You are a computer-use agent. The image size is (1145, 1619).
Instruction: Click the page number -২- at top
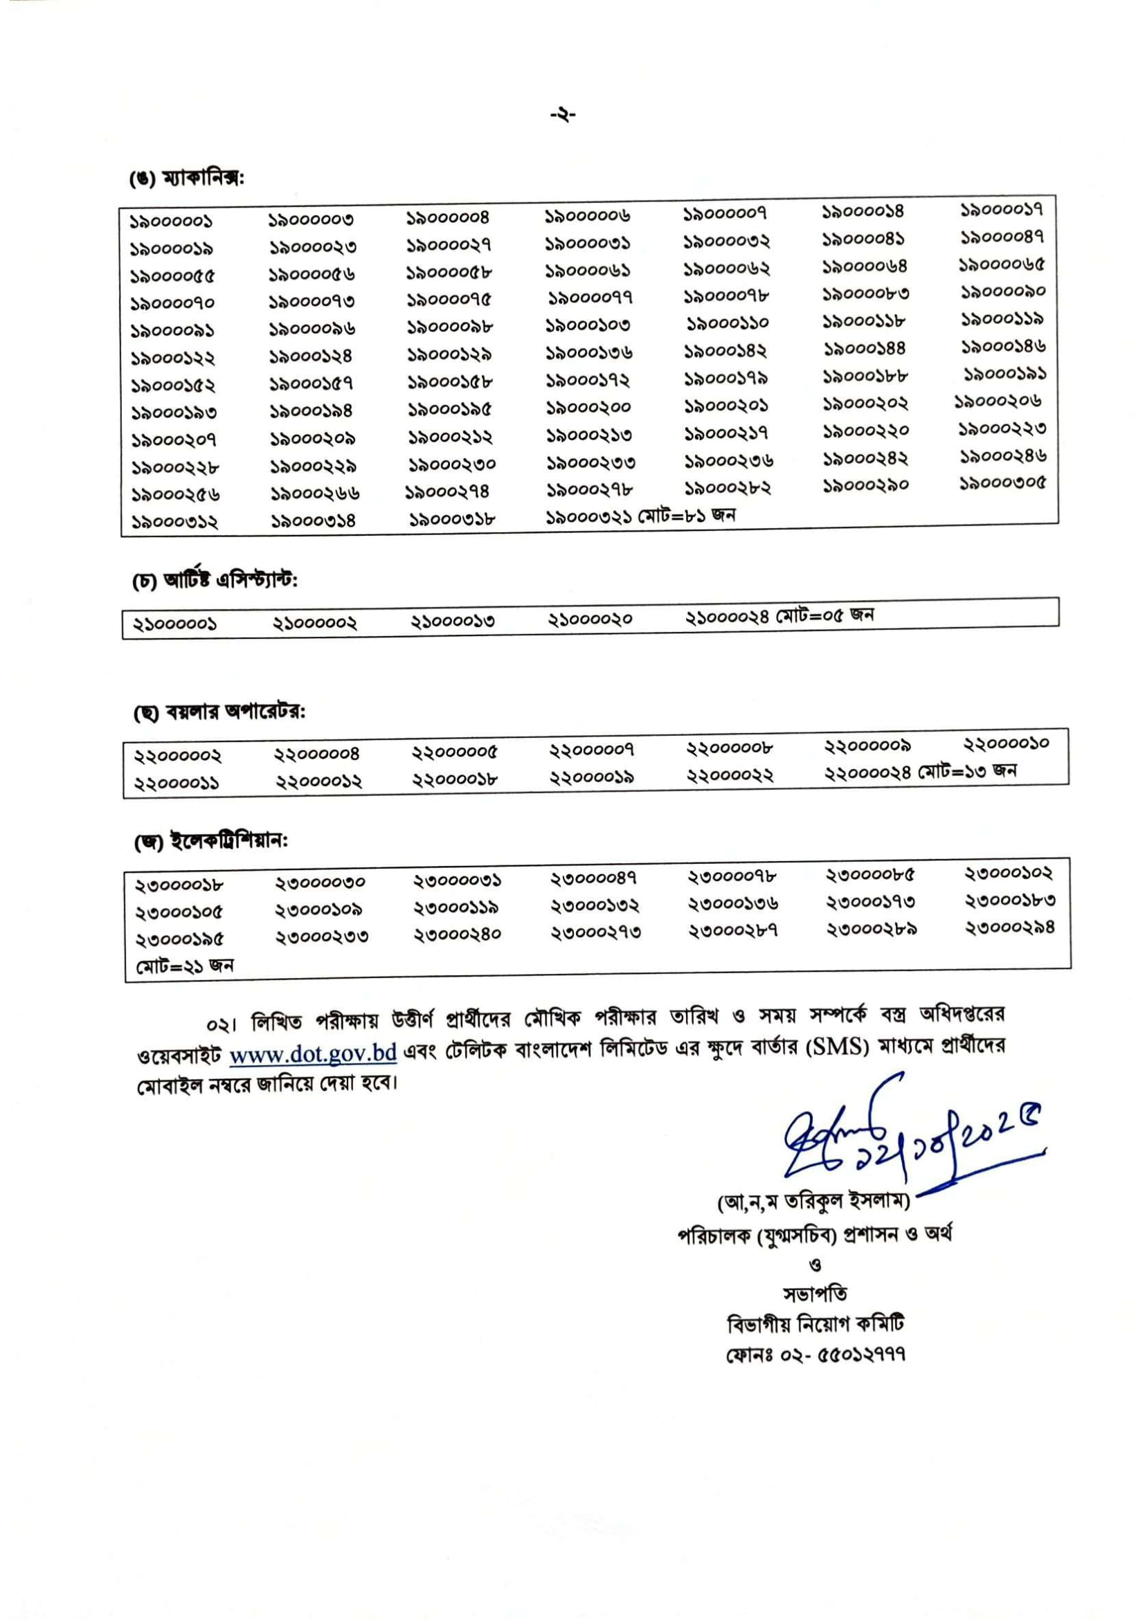tap(564, 114)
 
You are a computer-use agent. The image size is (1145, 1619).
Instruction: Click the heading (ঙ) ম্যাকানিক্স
tap(186, 179)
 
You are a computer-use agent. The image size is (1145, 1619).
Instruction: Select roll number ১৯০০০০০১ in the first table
tap(170, 222)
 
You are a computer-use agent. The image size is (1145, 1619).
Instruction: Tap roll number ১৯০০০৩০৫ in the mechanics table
tap(1002, 484)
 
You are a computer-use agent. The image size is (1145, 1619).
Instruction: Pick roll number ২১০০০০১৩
tap(453, 621)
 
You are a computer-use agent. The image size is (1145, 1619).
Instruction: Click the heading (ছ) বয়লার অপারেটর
tap(219, 712)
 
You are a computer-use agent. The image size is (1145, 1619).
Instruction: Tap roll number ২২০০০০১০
tap(1006, 743)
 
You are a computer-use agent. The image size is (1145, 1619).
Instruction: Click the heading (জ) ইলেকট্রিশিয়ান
tap(211, 841)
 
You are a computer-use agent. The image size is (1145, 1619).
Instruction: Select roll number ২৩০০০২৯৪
tap(1009, 928)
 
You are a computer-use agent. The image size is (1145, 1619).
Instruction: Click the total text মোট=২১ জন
tap(184, 966)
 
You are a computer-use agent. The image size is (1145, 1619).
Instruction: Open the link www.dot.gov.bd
tap(313, 1053)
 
